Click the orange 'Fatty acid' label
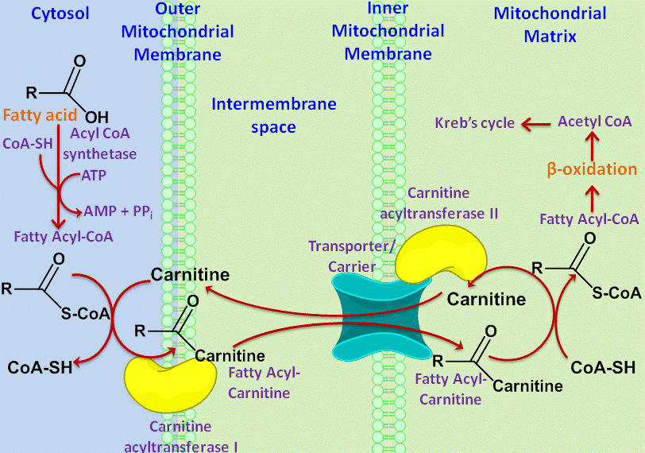40,114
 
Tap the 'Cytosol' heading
60,14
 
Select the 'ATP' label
94,176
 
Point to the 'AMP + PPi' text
118,211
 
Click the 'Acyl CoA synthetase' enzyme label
99,144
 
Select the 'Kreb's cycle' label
475,122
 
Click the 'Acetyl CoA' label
594,122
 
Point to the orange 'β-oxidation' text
592,169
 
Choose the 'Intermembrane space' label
274,115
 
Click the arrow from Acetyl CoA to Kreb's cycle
535,124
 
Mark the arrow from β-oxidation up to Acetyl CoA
592,146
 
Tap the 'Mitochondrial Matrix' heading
550,25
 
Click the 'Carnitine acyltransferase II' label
439,203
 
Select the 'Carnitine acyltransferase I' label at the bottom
180,436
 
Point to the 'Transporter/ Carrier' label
352,256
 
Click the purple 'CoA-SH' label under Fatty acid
28,144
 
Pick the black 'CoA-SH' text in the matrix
603,367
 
